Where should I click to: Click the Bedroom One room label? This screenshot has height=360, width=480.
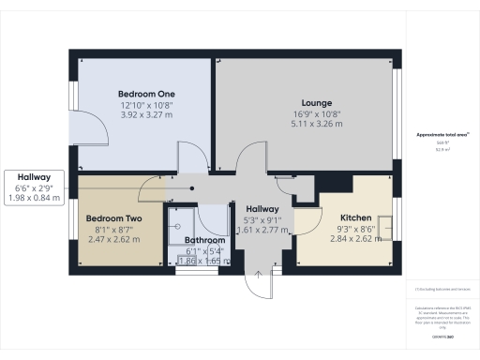coord(146,95)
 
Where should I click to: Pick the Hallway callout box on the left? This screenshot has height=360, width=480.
coord(38,186)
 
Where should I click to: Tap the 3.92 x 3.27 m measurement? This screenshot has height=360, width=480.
coord(146,116)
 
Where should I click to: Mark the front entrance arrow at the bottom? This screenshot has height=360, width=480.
coord(260,278)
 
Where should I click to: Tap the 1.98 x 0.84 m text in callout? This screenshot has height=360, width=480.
coord(37,196)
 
